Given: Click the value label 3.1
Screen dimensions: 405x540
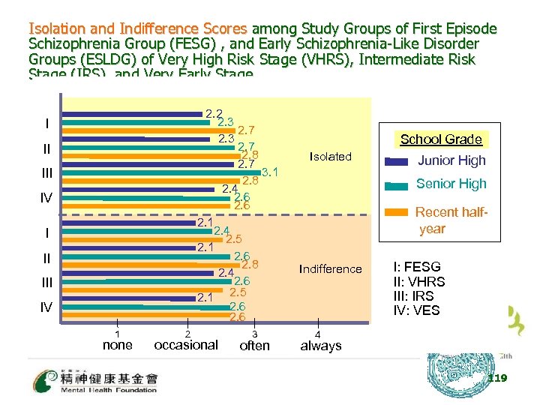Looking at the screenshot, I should click(270, 172).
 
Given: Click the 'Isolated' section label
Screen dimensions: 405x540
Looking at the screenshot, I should click(330, 157).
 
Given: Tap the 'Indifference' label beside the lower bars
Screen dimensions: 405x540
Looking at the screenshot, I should click(330, 268).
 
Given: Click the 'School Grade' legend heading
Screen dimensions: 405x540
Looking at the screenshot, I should click(441, 139).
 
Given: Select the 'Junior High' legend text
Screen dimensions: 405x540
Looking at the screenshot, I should click(451, 160).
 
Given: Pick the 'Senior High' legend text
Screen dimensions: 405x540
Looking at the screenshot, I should click(451, 184).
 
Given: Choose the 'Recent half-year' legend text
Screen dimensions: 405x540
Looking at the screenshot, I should click(451, 220).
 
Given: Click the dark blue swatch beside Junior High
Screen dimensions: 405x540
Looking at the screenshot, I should click(396, 161).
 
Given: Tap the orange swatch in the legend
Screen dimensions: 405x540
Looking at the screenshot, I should click(396, 211).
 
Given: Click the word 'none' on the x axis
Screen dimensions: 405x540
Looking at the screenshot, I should click(117, 346).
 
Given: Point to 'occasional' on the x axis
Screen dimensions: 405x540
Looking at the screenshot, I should click(186, 346).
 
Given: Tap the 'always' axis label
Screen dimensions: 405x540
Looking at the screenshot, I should click(320, 346).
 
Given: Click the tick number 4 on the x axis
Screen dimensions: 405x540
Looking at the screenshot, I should click(319, 334).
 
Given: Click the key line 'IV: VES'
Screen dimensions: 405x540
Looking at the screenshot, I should click(416, 310).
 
